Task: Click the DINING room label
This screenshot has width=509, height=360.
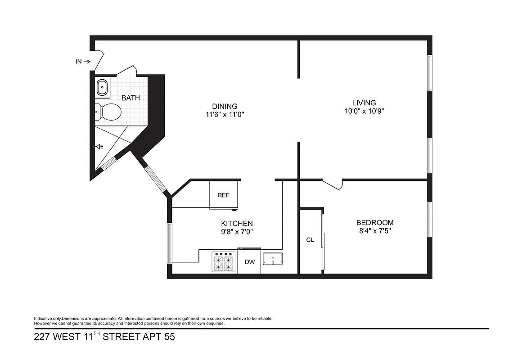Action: point(225,107)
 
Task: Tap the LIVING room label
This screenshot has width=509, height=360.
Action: point(364,103)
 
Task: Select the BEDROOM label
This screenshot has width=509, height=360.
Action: point(375,223)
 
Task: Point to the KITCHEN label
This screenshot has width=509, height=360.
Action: point(237,224)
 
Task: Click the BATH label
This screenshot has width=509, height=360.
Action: point(131,98)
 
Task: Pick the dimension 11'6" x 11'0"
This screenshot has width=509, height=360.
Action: point(225,115)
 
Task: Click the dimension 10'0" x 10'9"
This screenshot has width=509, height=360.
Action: point(364,111)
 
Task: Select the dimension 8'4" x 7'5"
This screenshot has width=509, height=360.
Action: point(375,231)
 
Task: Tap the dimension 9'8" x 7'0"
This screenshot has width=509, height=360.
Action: point(237,232)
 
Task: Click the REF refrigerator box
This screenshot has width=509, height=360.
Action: point(224,195)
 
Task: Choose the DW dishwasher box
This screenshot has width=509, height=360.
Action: point(249,262)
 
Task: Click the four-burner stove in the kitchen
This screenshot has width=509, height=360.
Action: point(225,262)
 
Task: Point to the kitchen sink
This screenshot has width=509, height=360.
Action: point(273,259)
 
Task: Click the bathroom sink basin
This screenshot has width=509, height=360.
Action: point(103,87)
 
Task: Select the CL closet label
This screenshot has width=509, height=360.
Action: point(310,240)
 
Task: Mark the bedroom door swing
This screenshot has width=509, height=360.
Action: point(333,184)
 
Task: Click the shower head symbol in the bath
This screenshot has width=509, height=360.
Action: point(100,146)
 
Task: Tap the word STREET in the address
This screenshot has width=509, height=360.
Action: point(122,337)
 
